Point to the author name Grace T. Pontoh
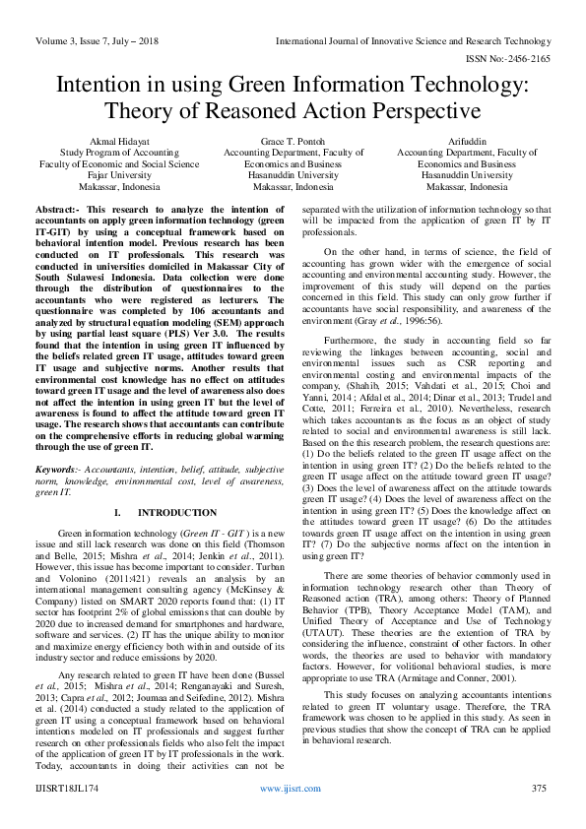293,142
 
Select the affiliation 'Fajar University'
117,174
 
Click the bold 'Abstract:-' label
58,211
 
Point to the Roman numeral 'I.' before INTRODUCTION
117,513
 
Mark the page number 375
538,790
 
